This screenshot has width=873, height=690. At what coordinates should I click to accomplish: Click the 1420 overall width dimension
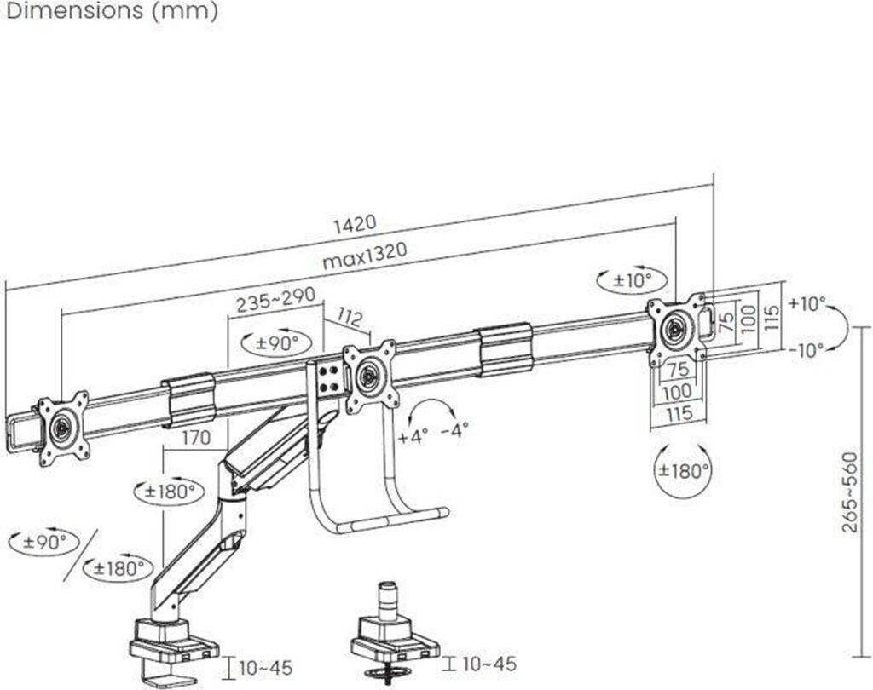355,223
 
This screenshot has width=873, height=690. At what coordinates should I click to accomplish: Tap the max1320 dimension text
365,256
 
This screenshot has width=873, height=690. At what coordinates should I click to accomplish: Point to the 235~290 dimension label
275,301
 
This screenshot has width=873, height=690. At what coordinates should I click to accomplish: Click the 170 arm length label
197,437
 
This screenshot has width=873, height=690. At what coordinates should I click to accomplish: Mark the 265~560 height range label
850,492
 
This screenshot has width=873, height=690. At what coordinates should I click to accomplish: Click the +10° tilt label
807,304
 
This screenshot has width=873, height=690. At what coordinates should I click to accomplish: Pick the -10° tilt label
807,350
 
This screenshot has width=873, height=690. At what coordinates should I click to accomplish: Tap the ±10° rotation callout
632,280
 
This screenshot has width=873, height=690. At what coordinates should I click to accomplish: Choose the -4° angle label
454,430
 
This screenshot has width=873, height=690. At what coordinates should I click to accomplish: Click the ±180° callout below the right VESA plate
682,470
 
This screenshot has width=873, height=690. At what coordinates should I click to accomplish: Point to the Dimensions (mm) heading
112,10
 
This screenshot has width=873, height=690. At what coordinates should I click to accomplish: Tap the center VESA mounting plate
370,377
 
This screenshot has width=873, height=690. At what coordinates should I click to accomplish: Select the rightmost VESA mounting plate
676,330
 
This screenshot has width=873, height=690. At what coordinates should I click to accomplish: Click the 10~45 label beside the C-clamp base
266,667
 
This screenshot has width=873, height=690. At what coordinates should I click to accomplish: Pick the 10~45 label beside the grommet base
489,663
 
